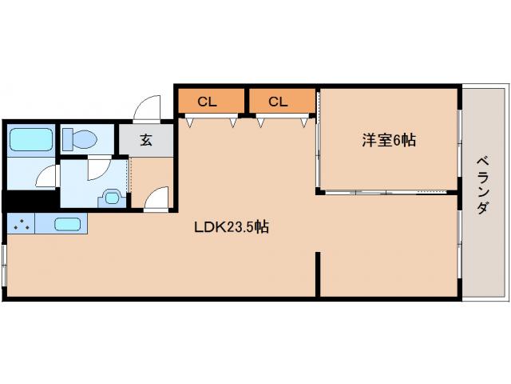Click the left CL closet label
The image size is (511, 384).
click(x=208, y=102)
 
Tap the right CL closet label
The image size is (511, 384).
click(x=278, y=102)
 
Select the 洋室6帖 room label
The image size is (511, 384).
click(x=389, y=140)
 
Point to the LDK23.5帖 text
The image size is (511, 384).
click(x=232, y=226)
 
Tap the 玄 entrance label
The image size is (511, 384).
click(x=146, y=140)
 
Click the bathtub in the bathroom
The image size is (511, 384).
click(x=30, y=141)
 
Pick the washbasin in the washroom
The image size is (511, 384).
click(x=111, y=195)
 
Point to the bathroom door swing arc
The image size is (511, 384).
click(x=48, y=175)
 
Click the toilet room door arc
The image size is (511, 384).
click(x=97, y=169)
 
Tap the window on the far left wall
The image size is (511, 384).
click(x=5, y=264)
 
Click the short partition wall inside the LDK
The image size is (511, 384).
click(x=319, y=274)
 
